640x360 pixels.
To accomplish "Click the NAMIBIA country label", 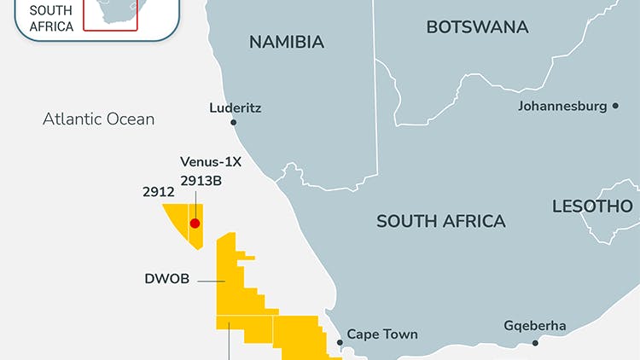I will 286,42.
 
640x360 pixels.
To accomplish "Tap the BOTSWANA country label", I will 477,27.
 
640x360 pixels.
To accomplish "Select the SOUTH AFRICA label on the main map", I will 441,221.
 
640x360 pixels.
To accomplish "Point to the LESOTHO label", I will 592,206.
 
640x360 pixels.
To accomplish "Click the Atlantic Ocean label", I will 99,119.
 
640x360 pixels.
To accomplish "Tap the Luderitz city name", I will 235,108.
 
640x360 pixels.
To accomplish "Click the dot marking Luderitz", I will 234,123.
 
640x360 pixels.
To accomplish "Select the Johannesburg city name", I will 562,107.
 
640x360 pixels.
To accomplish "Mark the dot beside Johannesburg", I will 614,107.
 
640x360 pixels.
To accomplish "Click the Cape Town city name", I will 382,334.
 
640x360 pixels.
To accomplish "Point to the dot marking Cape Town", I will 340,342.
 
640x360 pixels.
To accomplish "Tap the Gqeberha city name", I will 535,326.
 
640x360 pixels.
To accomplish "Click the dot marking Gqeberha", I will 535,343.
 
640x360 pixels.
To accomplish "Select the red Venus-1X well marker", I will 195,224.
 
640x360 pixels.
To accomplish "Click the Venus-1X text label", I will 211,161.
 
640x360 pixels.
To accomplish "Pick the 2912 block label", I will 159,192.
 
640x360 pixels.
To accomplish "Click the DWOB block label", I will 166,277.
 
